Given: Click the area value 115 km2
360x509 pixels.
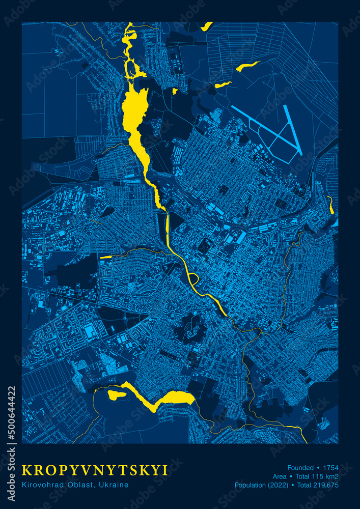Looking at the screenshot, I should click(x=324, y=476).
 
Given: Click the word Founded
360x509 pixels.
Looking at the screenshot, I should click(x=300, y=467).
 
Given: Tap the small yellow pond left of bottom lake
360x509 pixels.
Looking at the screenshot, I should click(x=117, y=394).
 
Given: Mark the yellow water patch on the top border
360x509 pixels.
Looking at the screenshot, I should click(x=207, y=25).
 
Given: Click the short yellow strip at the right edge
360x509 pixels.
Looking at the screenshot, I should click(x=331, y=205).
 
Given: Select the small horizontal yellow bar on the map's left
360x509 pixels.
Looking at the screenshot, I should click(x=106, y=257).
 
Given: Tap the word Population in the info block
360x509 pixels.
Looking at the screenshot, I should click(x=251, y=485).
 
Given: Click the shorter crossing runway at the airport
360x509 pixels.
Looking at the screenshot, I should click(x=294, y=130).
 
